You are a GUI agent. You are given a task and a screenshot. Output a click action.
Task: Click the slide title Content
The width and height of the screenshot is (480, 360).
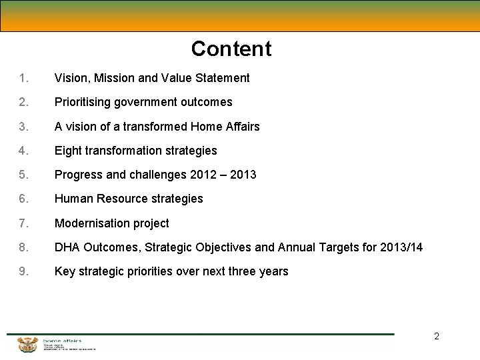(x=231, y=49)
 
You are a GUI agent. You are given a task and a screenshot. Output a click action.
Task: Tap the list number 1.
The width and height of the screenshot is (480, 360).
(x=23, y=78)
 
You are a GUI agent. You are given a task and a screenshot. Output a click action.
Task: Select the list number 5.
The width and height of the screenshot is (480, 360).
(x=23, y=175)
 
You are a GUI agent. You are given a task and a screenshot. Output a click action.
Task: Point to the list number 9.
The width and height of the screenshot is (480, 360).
(x=23, y=271)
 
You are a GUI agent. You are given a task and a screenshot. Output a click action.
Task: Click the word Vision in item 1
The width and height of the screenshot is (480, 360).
(x=71, y=78)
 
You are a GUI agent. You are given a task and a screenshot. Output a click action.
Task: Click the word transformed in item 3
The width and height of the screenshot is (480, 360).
(x=155, y=127)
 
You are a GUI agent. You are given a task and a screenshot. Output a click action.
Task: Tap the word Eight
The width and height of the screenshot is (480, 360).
(x=67, y=151)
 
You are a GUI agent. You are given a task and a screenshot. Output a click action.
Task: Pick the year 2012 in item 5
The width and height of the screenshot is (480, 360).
(x=203, y=175)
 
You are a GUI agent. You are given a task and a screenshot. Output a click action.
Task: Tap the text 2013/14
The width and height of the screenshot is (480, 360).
(x=401, y=247)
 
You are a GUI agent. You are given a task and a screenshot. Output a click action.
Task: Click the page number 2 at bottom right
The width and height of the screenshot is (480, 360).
(x=437, y=336)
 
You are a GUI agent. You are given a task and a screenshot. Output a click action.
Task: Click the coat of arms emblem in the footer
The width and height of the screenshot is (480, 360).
(x=28, y=345)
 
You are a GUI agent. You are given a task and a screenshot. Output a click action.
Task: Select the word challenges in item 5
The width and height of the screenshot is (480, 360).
(x=158, y=175)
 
